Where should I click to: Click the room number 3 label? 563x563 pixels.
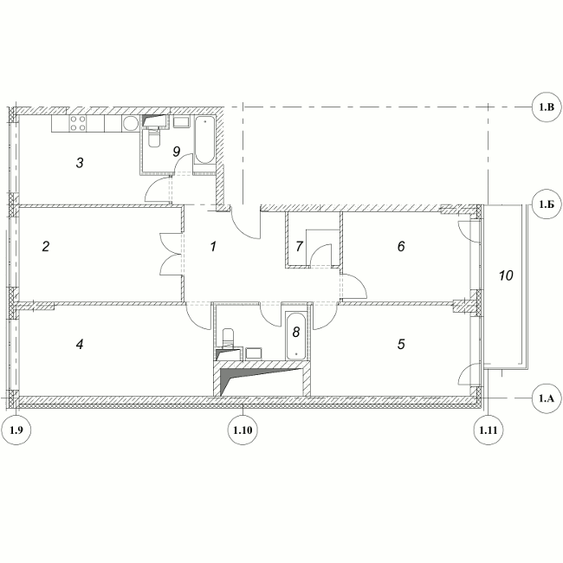coord(80,163)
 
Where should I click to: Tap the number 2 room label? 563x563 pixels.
coord(46,247)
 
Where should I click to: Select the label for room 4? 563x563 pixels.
coord(80,345)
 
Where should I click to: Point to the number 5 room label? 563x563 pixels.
coord(401,345)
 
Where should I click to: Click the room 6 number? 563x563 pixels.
coord(401,246)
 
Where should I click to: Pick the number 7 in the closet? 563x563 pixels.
coord(299,246)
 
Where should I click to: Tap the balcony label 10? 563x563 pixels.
coord(506,275)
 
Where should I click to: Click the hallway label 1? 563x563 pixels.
coord(213,247)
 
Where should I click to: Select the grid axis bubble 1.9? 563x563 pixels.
coord(16,430)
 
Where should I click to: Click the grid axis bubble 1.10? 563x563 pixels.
coord(243,430)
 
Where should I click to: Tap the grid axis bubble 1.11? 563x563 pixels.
coord(489,430)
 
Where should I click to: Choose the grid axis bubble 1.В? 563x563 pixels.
coord(547,107)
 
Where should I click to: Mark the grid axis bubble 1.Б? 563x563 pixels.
coord(547,204)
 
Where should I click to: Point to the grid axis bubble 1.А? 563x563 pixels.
coord(547,398)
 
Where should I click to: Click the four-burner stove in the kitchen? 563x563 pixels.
coord(78,124)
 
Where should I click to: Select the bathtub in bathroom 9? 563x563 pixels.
coord(204,140)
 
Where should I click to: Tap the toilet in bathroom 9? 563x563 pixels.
coord(155,138)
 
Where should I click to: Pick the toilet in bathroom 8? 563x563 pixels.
coord(228,337)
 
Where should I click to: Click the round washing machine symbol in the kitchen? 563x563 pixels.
coord(130,124)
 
